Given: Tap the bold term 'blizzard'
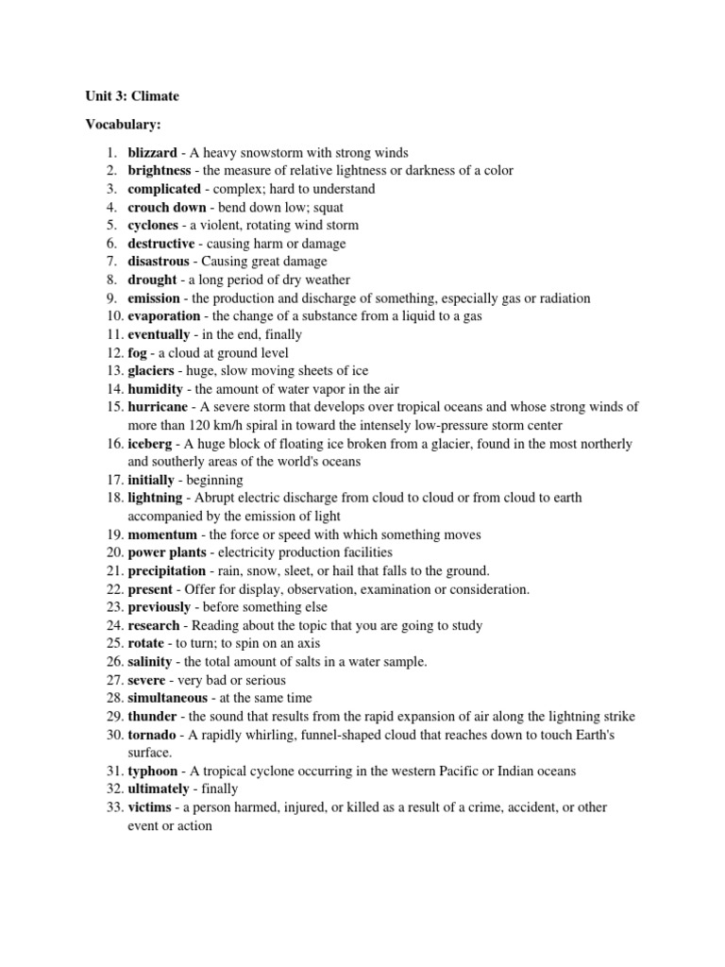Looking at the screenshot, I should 152,152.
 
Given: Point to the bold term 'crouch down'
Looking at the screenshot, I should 167,207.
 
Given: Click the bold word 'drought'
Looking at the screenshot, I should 152,280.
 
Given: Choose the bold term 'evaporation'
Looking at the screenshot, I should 164,316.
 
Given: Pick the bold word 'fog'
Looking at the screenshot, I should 138,352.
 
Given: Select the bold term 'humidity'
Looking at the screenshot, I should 156,389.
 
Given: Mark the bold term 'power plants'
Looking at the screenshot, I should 167,552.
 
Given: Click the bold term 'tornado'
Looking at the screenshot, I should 154,735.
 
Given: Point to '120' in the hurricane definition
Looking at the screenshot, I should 196,425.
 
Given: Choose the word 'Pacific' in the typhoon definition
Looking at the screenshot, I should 456,771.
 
